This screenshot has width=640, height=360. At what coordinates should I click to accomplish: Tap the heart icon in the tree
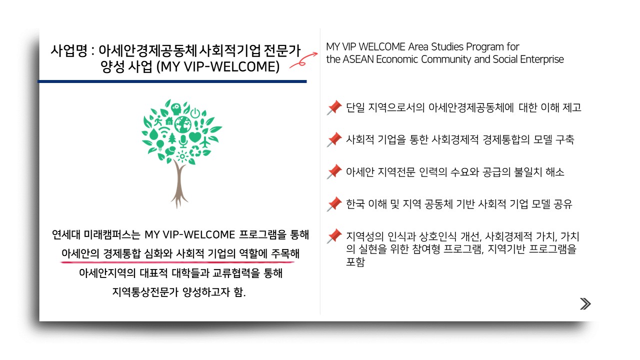pyautogui.click(x=195, y=136)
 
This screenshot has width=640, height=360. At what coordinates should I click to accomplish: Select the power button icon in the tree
pyautogui.click(x=195, y=113)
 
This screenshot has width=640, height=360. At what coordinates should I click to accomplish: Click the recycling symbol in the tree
pyautogui.click(x=195, y=151)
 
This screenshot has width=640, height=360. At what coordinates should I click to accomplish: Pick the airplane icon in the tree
pyautogui.click(x=204, y=142)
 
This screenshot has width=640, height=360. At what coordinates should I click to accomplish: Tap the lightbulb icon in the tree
pyautogui.click(x=160, y=145)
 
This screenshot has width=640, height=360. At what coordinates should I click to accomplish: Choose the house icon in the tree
pyautogui.click(x=169, y=121)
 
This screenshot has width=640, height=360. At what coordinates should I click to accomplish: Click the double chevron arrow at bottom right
pyautogui.click(x=585, y=303)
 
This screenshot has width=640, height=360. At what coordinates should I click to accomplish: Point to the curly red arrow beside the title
pyautogui.click(x=303, y=60)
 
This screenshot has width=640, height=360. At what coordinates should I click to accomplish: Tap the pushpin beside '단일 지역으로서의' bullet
pyautogui.click(x=334, y=107)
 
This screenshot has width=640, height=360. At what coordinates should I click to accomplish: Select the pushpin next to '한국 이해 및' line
pyautogui.click(x=334, y=204)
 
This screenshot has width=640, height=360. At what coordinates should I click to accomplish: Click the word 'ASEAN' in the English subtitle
pyautogui.click(x=358, y=59)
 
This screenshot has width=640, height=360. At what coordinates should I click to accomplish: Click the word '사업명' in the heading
pyautogui.click(x=69, y=51)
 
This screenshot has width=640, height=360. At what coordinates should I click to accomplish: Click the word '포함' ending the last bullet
pyautogui.click(x=355, y=261)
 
